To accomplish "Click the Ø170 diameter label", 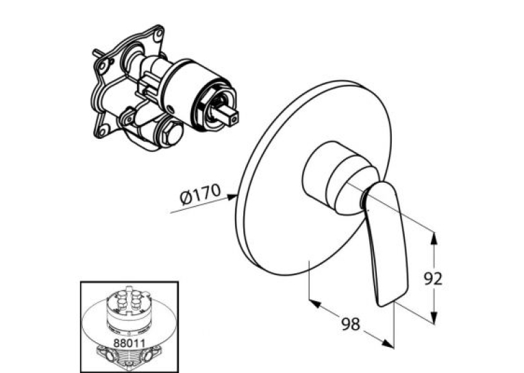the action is tap(200, 194).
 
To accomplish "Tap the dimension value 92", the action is tap(433, 279).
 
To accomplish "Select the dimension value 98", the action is tap(351, 324).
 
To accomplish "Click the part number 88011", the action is tap(129, 343).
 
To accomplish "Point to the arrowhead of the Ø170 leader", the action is tap(232, 197).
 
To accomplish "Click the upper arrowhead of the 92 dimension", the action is tap(434, 237).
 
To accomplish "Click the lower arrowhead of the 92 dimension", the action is tap(434, 318).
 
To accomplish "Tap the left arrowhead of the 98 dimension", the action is tap(315, 304).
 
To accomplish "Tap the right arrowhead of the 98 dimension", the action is tap(388, 344).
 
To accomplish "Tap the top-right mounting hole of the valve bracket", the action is tap(159, 33).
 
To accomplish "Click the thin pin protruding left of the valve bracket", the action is tap(97, 53).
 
